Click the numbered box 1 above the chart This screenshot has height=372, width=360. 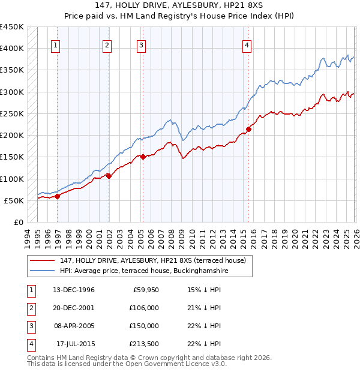click(x=55, y=44)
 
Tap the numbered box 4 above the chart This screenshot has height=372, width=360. click(x=247, y=44)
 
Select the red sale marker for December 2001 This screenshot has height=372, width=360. click(x=109, y=176)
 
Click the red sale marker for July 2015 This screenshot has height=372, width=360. click(x=248, y=129)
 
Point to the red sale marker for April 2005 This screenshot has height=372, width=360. click(x=143, y=157)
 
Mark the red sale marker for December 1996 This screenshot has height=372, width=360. click(x=58, y=196)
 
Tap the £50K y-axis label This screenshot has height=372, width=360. click(x=14, y=200)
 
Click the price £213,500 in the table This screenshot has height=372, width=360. click(x=144, y=344)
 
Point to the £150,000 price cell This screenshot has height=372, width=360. click(x=144, y=326)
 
